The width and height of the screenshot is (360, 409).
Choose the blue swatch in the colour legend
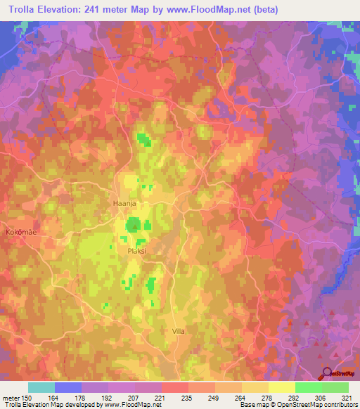pyautogui.click(x=68, y=387)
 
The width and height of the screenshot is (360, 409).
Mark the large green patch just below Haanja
pyautogui.click(x=134, y=226)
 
